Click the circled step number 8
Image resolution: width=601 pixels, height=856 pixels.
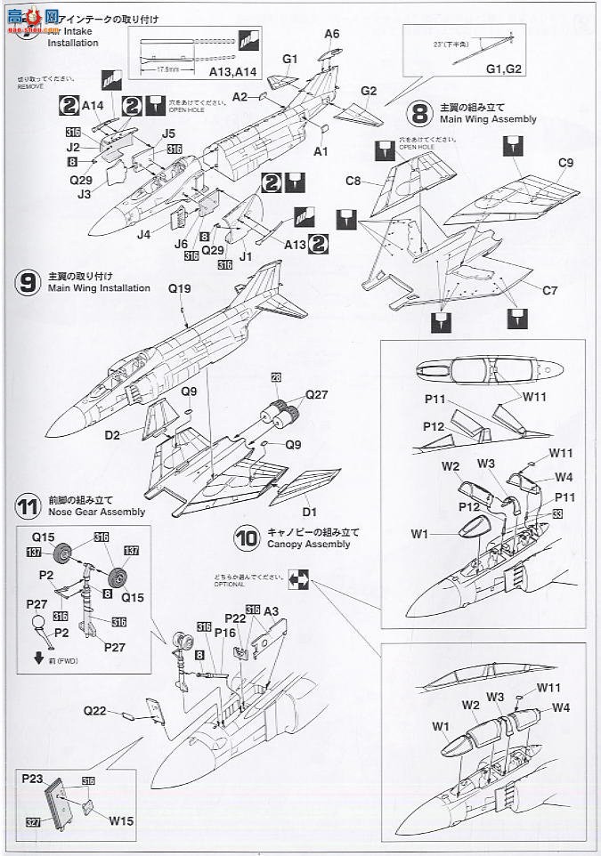coord(418,115)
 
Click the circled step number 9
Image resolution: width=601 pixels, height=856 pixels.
coord(28,283)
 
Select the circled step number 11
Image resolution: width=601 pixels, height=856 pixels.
coord(28,507)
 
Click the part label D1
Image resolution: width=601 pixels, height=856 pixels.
coord(309,512)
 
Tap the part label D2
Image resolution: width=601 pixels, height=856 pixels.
coord(111,435)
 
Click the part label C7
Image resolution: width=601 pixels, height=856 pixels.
coord(550,289)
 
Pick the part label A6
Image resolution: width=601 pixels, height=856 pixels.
coord(332,34)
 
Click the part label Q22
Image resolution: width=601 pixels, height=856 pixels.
coord(96,711)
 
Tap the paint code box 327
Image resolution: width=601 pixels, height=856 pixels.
coord(34,821)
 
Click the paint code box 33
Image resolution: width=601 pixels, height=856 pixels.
coord(557,514)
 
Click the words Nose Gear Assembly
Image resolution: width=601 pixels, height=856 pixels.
coord(97,513)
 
